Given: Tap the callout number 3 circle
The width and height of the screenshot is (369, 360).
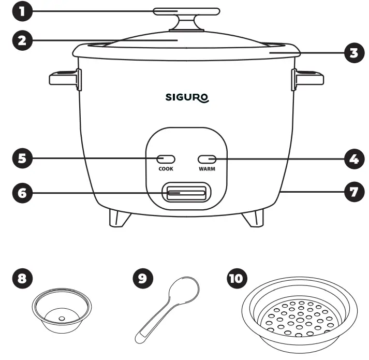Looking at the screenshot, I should (353, 53).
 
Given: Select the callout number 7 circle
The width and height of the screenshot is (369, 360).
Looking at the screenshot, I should (354, 191).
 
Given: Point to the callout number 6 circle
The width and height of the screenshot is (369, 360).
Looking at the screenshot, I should (21, 194).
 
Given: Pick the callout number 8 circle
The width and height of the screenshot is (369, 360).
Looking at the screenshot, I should (21, 279).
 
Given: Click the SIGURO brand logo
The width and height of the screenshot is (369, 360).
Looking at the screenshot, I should (187, 97).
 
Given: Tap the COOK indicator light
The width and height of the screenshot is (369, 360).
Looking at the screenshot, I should (166, 159).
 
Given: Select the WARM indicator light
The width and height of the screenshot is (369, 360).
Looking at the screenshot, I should (206, 159).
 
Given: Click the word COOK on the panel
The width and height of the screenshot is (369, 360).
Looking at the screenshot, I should (166, 169).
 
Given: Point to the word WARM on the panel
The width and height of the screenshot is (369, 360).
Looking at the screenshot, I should (206, 169).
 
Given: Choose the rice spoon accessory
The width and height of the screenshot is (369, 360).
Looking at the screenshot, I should (168, 308).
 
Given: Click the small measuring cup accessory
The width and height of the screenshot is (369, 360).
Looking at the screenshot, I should (62, 311).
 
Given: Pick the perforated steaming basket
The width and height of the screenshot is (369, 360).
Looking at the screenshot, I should (299, 313).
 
